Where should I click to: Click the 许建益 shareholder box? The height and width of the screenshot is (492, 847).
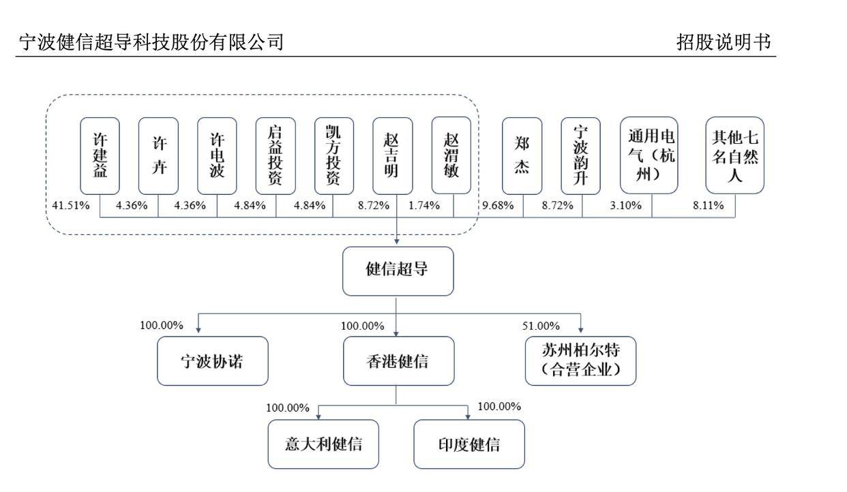coord(100,156)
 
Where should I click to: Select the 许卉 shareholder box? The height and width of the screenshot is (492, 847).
coord(158,156)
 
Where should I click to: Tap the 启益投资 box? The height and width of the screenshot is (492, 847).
coord(276,156)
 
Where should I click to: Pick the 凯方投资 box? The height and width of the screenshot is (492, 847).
coord(335,156)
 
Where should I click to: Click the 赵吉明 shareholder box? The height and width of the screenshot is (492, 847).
coord(393,156)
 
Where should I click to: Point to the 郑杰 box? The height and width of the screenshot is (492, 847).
coord(522,156)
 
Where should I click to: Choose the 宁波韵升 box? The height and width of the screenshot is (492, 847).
coord(581,156)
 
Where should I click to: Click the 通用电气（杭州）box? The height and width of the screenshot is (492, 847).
coord(649,156)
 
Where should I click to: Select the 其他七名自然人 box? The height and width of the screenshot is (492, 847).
coord(735,156)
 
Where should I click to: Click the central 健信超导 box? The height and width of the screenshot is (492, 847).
coord(398,271)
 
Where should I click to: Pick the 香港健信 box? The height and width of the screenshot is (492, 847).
coord(398,361)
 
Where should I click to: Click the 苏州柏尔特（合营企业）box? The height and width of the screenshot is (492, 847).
coord(580,361)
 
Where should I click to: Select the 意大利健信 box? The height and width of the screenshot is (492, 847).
coord(323,444)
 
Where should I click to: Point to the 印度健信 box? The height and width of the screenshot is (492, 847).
coord(469,444)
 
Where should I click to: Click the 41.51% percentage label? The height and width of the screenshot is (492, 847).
coord(71,205)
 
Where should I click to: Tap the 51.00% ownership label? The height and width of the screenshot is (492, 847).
coord(541,326)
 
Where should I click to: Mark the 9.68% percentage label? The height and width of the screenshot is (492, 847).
coord(498,205)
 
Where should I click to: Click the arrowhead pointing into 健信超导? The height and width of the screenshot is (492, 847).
coord(397,242)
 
